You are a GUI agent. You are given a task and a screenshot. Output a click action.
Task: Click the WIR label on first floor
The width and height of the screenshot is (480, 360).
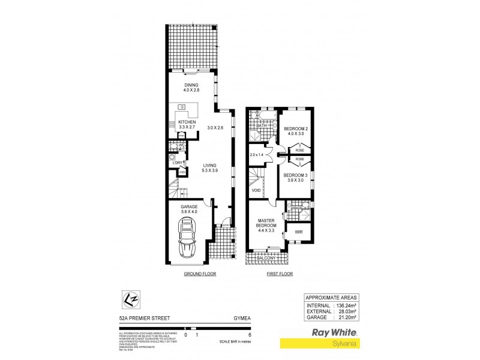pyautogui.click(x=298, y=231)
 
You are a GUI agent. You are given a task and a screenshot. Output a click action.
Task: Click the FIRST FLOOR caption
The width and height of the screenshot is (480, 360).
pyautogui.click(x=279, y=274)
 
